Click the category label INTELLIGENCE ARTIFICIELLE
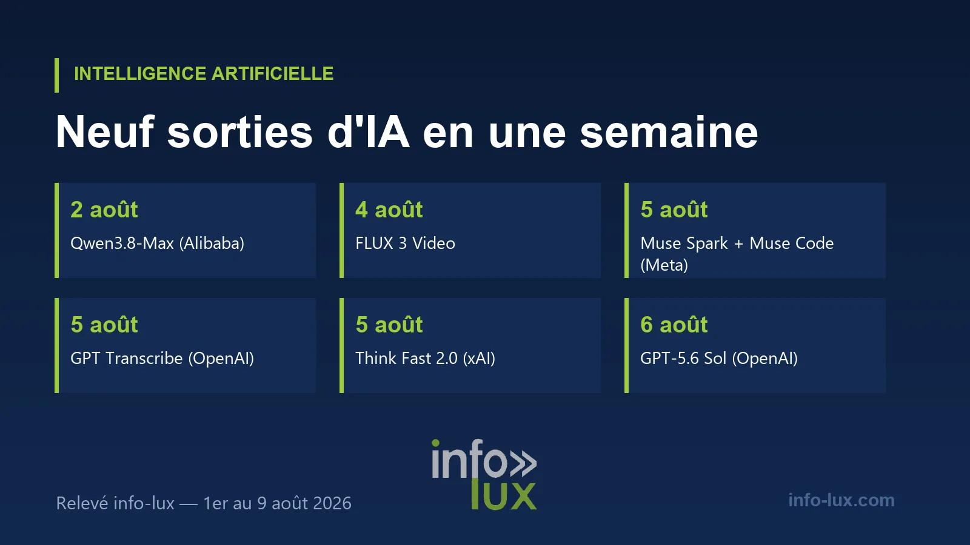click(x=204, y=73)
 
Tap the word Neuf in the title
click(x=105, y=131)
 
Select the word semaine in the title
click(x=669, y=131)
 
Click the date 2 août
click(x=104, y=210)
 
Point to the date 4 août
click(x=389, y=210)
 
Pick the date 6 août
click(x=674, y=325)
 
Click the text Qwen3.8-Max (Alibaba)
click(x=157, y=243)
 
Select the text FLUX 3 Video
click(x=406, y=243)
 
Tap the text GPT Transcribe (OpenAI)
click(x=162, y=358)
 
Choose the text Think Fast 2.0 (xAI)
click(x=425, y=358)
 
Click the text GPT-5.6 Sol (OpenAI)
click(x=719, y=358)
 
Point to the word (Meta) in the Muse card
click(x=664, y=265)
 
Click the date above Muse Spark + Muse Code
click(x=674, y=210)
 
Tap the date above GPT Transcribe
click(x=104, y=325)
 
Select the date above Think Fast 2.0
click(x=389, y=325)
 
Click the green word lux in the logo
click(x=504, y=494)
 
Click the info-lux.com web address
click(x=841, y=500)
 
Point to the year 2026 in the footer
click(x=332, y=503)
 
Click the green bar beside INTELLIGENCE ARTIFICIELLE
click(x=57, y=75)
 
